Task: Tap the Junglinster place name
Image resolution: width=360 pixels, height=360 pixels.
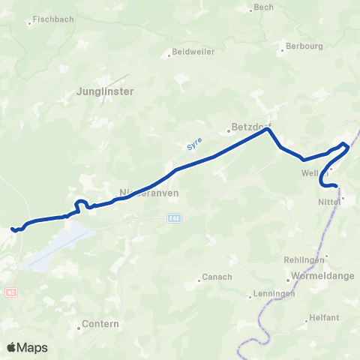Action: click(x=105, y=91)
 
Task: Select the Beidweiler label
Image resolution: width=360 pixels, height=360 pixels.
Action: click(x=193, y=52)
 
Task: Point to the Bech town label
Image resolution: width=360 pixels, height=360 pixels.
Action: click(x=264, y=7)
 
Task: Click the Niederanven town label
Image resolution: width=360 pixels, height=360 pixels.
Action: click(x=142, y=193)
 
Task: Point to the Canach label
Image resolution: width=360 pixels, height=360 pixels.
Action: click(x=217, y=277)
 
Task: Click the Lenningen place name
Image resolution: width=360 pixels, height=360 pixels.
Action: click(x=273, y=293)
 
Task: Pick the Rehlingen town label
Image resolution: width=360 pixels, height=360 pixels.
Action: click(x=302, y=259)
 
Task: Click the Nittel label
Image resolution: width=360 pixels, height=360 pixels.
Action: click(x=329, y=201)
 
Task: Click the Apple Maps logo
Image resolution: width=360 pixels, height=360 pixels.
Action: click(x=28, y=347)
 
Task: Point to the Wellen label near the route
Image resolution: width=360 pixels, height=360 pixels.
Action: click(x=315, y=173)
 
